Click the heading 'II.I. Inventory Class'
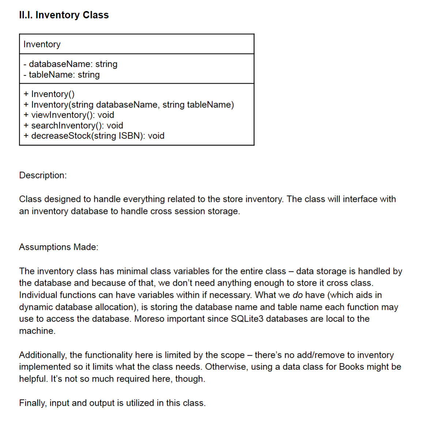64,15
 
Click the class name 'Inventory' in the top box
42,44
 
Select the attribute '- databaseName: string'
70,64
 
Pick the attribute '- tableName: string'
61,75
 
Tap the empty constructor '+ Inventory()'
49,94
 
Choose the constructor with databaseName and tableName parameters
129,105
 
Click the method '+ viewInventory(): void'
69,115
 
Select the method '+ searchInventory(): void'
73,125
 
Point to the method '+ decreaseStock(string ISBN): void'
94,136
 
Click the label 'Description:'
43,175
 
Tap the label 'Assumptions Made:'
58,247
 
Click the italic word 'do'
298,295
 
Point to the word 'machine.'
37,331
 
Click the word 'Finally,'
33,403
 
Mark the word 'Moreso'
149,319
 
